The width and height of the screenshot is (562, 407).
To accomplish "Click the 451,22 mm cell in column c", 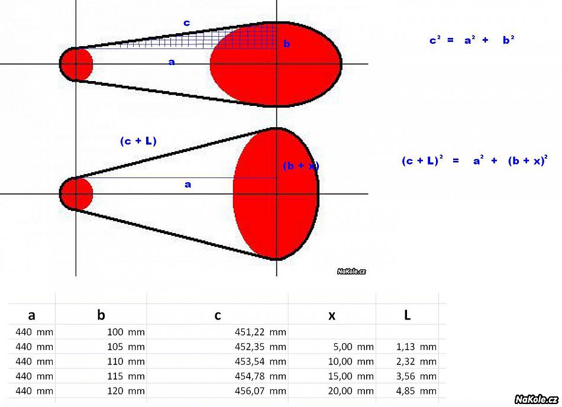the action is point(260,332).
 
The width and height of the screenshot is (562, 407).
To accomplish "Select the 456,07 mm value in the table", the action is point(260,391).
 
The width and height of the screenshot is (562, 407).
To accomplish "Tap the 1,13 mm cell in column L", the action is point(416,347).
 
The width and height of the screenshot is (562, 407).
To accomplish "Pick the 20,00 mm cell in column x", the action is point(351,391).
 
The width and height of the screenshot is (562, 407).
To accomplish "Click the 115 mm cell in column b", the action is point(126,376).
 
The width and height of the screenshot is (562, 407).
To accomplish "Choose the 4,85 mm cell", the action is point(416,391).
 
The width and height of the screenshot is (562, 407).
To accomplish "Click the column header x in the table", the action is point(332,315).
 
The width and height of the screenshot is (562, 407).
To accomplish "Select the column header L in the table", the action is point(407,315).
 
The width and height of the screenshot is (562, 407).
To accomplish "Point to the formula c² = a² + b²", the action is point(471,40).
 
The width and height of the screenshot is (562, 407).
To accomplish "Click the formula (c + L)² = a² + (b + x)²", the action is point(474,160).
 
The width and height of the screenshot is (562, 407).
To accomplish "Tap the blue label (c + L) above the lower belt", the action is point(138,141).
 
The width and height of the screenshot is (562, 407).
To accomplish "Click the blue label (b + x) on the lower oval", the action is point(301,166).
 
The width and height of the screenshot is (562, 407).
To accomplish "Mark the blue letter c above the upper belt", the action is point(186,23).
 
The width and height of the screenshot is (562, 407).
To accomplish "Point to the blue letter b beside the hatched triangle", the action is point(286,44).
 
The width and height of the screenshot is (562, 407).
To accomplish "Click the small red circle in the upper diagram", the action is point(76,64).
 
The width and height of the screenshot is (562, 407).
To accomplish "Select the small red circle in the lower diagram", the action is point(76,194).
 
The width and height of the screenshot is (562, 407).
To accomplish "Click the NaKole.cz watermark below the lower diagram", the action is point(351,271).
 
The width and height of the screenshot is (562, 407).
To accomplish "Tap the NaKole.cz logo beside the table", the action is point(536,399).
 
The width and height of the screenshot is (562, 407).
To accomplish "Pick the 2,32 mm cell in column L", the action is point(416,361).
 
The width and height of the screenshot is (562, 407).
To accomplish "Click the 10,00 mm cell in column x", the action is point(351,361).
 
